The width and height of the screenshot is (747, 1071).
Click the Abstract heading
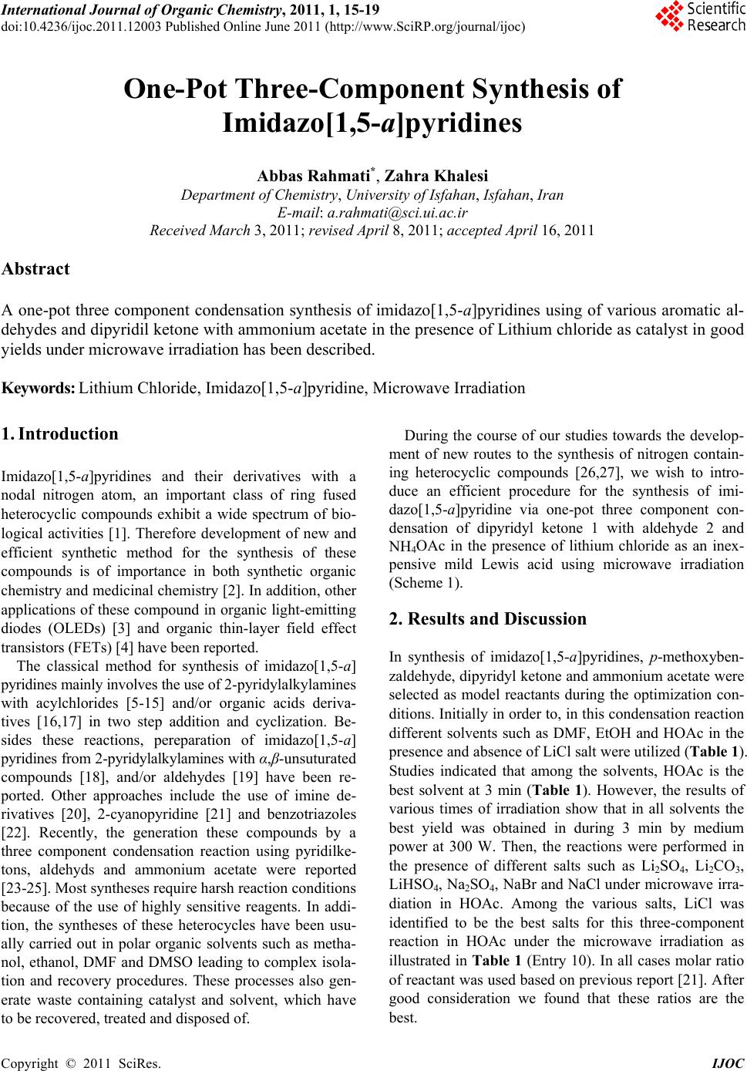[36, 269]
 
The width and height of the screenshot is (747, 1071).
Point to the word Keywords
[38, 388]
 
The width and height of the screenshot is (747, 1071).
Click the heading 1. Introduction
[60, 433]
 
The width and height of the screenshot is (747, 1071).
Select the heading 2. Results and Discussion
[488, 618]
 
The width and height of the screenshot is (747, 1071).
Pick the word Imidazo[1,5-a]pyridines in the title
[372, 123]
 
